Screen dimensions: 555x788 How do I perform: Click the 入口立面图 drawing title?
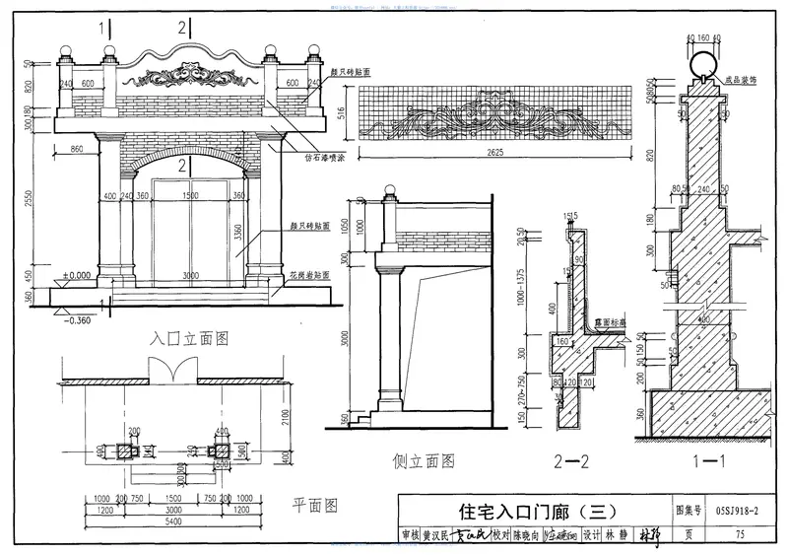(189, 338)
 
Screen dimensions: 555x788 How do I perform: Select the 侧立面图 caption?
(421, 459)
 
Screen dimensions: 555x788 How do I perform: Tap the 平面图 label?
(315, 507)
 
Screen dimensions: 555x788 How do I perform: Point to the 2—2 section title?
(570, 458)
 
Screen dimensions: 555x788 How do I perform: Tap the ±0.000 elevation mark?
(75, 275)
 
